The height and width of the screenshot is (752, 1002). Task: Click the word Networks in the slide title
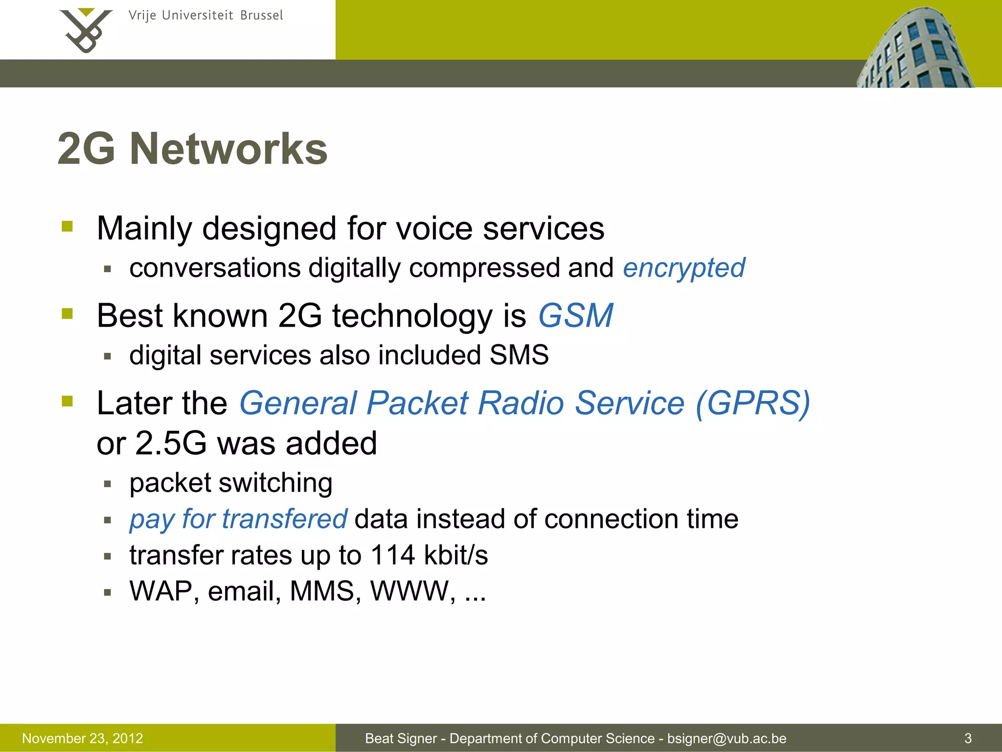tap(228, 149)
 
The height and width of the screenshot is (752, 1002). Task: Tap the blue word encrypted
tap(683, 268)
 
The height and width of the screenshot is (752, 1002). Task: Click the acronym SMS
tap(519, 355)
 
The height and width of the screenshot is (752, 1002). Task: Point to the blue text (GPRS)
tap(752, 403)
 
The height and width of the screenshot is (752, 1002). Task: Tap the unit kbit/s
tap(456, 555)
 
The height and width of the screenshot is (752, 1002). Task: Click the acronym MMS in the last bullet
tap(321, 591)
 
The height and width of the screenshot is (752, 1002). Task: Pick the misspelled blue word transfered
tap(284, 519)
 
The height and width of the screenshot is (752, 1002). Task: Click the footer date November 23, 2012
tap(83, 738)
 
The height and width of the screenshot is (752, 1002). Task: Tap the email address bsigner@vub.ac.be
tap(727, 738)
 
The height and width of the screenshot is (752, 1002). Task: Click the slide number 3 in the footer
tap(968, 738)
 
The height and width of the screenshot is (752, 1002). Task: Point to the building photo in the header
tap(915, 49)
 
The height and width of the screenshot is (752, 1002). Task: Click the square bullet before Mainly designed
tap(68, 226)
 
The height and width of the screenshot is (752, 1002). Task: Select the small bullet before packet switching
tap(108, 484)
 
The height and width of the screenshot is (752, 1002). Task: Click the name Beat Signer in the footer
tap(401, 738)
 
